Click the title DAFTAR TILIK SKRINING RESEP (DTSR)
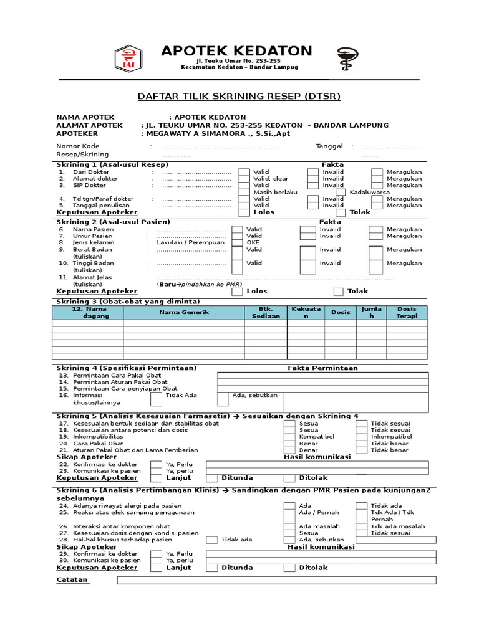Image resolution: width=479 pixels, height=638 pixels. pyautogui.click(x=239, y=97)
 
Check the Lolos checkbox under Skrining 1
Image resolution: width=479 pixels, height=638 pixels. pyautogui.click(x=243, y=212)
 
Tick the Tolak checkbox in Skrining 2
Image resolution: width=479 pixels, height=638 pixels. pyautogui.click(x=338, y=292)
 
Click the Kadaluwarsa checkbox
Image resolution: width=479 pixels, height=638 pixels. pyautogui.click(x=341, y=193)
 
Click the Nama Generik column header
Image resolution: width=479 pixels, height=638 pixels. pyautogui.click(x=184, y=312)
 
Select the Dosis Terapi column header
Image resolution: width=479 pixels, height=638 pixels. pyautogui.click(x=407, y=312)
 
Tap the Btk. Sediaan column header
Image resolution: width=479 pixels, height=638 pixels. pyautogui.click(x=266, y=312)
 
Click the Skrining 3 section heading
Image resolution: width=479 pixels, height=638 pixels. pyautogui.click(x=128, y=302)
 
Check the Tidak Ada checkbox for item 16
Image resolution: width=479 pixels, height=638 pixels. pyautogui.click(x=155, y=399)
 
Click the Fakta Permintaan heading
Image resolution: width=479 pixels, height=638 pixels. pyautogui.click(x=322, y=368)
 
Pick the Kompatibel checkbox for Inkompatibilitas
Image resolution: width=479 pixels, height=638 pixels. pyautogui.click(x=289, y=437)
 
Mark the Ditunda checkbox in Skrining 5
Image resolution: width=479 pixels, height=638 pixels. pyautogui.click(x=211, y=478)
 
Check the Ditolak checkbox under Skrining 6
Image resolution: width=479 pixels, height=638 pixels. pyautogui.click(x=289, y=568)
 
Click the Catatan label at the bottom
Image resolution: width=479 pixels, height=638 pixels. pyautogui.click(x=72, y=580)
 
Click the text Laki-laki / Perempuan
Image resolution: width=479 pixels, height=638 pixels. pyautogui.click(x=191, y=242)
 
